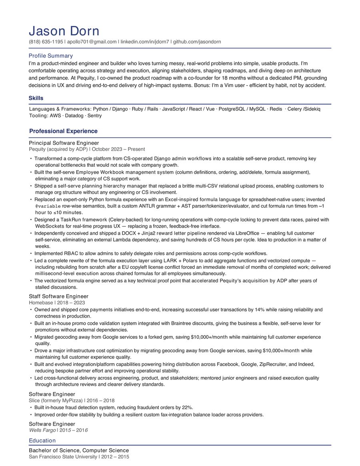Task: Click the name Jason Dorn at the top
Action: tap(64, 31)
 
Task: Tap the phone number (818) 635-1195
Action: tap(46, 42)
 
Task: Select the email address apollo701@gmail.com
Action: tap(92, 42)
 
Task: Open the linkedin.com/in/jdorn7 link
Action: tap(144, 42)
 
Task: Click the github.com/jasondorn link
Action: tap(197, 42)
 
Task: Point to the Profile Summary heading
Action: tap(51, 56)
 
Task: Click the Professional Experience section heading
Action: tap(63, 131)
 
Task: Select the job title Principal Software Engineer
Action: tap(64, 143)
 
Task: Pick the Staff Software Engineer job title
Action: tap(58, 296)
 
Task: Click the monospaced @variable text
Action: tap(48, 206)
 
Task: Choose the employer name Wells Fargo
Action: tap(42, 430)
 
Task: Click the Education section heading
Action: tap(42, 441)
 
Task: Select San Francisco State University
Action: tap(63, 457)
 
